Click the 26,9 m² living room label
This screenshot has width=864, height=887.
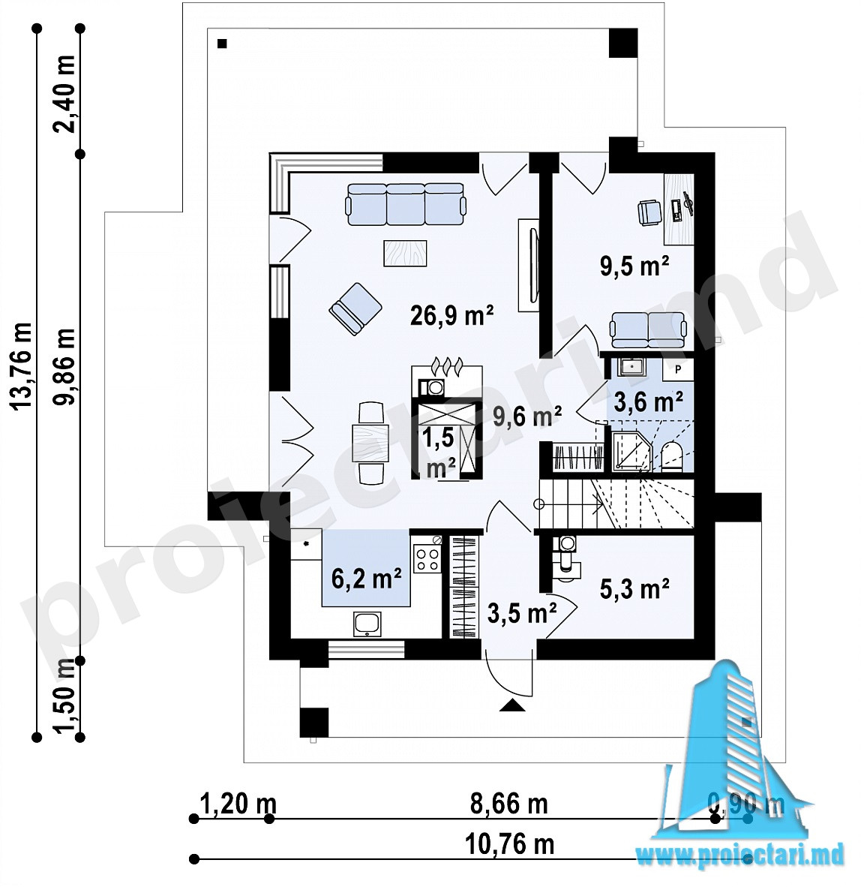pos(451,315)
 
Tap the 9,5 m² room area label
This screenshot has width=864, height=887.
pos(634,266)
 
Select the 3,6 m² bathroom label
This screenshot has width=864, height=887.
pos(648,401)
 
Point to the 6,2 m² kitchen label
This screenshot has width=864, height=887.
pos(367,579)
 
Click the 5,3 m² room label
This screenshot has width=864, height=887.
pos(634,589)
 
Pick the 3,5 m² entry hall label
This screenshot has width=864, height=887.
pos(522,612)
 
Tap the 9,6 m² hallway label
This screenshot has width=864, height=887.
pos(527,416)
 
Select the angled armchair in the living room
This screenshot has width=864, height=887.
pos(355,309)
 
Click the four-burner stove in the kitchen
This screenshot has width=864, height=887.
pos(427,558)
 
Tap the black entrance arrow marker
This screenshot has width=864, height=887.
pos(512,705)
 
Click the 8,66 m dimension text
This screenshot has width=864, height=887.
pos(509,804)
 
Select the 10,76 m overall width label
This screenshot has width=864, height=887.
pos(509,845)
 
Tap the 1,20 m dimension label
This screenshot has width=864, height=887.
pos(238,804)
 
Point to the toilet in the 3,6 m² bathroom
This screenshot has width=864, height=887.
pos(672,456)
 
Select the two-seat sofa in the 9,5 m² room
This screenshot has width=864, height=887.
pos(648,330)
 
